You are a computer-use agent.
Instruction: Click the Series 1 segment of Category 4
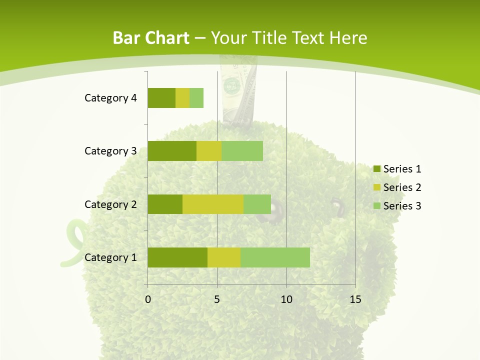[x=161, y=98]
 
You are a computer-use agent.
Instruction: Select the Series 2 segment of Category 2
[x=213, y=204]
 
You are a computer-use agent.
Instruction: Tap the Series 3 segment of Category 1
[x=275, y=257]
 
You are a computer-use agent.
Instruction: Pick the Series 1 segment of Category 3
[x=172, y=151]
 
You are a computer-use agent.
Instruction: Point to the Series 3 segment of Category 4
[x=196, y=98]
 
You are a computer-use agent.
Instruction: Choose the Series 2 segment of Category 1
[x=224, y=257]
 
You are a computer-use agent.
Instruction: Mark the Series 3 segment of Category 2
[x=257, y=204]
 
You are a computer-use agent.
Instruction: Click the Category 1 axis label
[x=110, y=257]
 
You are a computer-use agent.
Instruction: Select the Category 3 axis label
[x=110, y=151]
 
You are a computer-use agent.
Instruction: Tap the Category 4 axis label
[x=110, y=98]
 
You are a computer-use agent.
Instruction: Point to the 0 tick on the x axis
[x=148, y=299]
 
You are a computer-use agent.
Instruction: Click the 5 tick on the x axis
[x=217, y=299]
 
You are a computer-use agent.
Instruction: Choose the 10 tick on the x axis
[x=286, y=299]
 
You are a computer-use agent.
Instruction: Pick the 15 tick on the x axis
[x=355, y=299]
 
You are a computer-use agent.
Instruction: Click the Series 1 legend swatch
[x=376, y=169]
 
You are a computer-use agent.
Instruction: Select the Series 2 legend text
[x=402, y=187]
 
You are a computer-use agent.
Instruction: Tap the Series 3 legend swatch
[x=376, y=206]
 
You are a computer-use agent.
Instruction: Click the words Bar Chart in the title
[x=151, y=38]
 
